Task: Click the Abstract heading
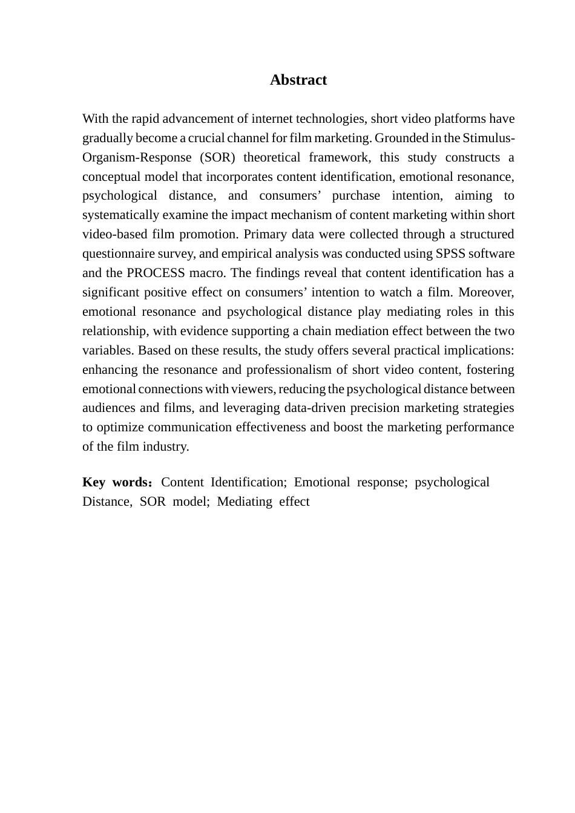click(x=298, y=80)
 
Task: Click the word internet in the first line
click(x=272, y=119)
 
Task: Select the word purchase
click(x=356, y=196)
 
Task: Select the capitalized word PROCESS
click(x=156, y=273)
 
